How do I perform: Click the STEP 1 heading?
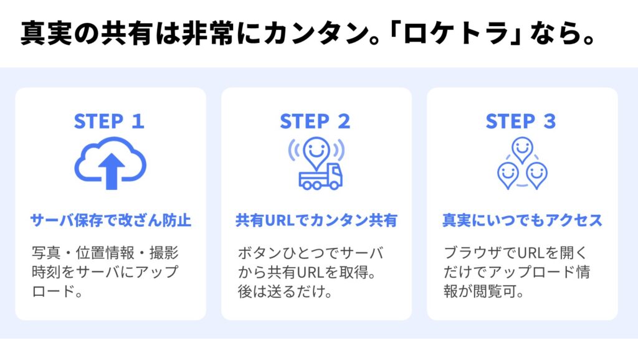(109, 121)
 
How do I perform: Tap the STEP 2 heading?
(315, 121)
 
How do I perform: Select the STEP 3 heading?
(521, 121)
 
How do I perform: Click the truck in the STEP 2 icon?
(321, 178)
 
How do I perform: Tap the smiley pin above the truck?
(317, 153)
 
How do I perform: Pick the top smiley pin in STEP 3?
(522, 149)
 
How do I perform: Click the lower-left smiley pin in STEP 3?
(507, 174)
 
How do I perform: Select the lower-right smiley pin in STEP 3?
(536, 174)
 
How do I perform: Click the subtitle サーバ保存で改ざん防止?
(111, 220)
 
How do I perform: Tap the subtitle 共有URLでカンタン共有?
(316, 220)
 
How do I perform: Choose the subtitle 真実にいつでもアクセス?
(522, 220)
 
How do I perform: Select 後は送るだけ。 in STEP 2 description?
(285, 291)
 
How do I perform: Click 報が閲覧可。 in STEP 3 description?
(483, 291)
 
